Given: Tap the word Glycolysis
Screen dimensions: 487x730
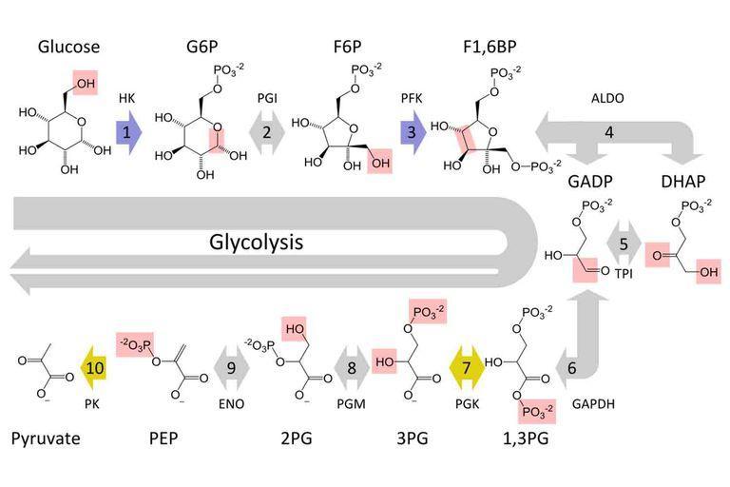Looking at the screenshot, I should [x=256, y=242].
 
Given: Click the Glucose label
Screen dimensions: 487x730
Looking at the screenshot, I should [x=67, y=48].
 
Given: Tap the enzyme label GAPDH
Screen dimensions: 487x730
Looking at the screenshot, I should [x=593, y=403].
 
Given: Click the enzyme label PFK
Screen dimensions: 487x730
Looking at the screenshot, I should [x=410, y=97].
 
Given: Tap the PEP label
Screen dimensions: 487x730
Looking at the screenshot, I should [x=165, y=438].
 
